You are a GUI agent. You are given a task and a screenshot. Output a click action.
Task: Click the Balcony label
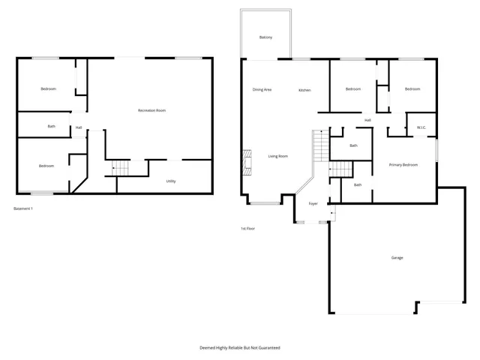click(265, 37)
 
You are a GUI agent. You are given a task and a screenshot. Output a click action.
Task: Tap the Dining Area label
click(262, 90)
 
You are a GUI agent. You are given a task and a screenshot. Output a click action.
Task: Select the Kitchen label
click(304, 90)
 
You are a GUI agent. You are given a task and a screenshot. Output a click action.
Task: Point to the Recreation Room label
click(151, 110)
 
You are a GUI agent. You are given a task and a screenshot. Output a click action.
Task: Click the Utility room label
click(171, 181)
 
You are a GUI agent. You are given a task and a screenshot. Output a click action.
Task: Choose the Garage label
click(397, 257)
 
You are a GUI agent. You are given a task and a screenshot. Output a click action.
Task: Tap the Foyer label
click(313, 203)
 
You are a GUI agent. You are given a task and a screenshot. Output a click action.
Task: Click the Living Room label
click(278, 156)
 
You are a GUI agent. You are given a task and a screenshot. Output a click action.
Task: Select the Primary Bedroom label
click(403, 164)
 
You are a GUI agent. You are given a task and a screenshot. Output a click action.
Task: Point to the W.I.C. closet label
click(421, 127)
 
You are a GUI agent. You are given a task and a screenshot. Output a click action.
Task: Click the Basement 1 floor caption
click(24, 208)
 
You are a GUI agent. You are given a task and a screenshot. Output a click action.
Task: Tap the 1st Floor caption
click(247, 228)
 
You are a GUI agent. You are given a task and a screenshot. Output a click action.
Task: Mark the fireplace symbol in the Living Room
click(245, 161)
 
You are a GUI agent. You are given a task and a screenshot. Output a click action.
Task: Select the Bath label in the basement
click(51, 126)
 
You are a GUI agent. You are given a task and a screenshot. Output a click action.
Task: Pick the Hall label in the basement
click(79, 127)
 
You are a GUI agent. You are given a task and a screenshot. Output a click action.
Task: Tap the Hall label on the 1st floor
click(367, 120)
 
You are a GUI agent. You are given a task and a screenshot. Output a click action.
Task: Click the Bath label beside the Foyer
click(358, 184)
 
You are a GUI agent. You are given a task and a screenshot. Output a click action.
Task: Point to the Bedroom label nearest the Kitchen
click(353, 89)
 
